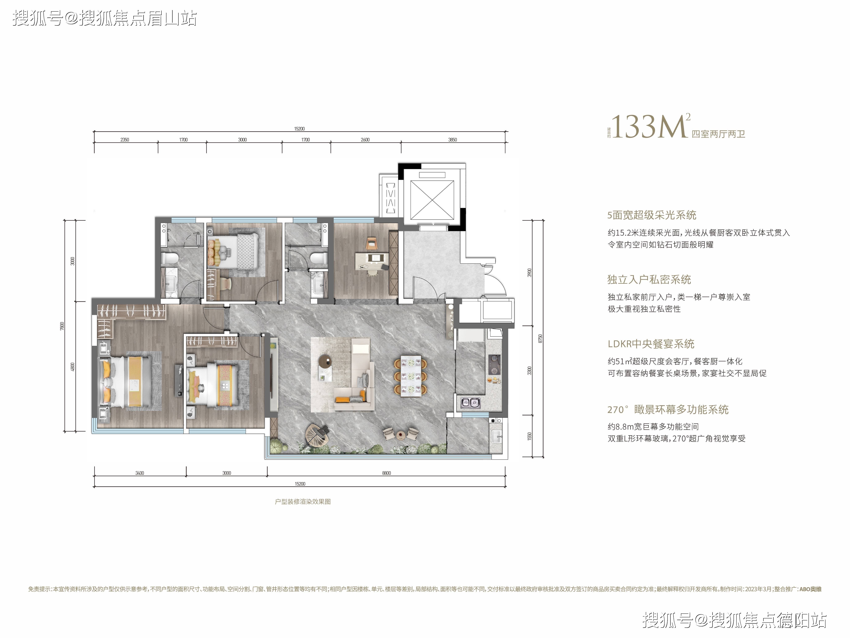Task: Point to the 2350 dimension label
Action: (124, 140)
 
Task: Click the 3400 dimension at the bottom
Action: (139, 473)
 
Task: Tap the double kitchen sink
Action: (470, 403)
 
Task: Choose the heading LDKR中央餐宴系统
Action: (651, 344)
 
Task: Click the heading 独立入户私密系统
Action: (649, 280)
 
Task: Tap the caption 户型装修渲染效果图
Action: (303, 502)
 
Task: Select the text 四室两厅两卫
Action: (719, 134)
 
